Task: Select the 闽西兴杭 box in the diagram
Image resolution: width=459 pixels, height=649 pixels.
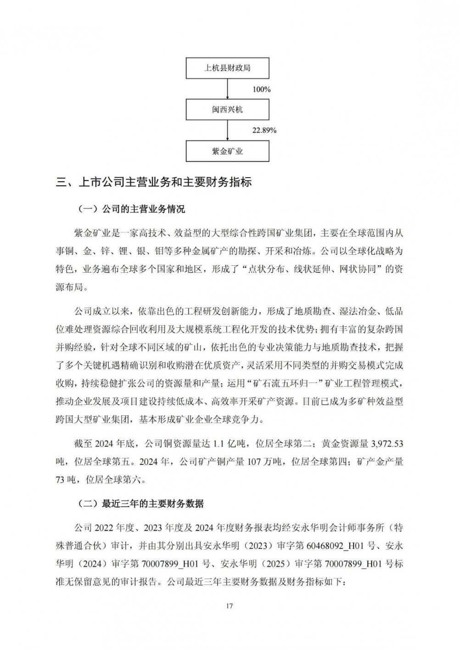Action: [x=228, y=110]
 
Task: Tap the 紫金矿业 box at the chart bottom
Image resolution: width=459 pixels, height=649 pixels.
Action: [x=228, y=151]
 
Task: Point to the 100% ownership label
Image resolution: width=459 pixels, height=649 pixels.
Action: [x=262, y=90]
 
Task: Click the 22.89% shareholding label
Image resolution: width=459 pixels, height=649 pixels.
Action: [x=264, y=130]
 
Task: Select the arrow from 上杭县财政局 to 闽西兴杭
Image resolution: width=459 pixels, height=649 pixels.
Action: [x=228, y=90]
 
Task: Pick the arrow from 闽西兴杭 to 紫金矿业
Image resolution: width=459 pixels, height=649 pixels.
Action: [x=228, y=130]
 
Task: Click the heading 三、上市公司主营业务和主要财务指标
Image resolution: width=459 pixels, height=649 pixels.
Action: [x=154, y=182]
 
